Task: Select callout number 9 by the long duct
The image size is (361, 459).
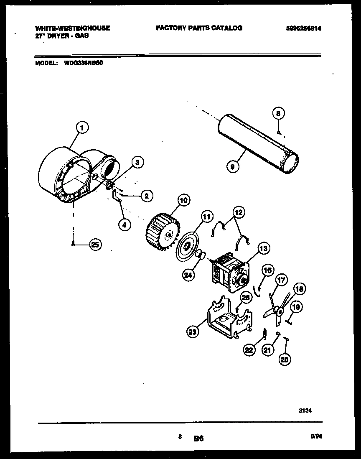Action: (233, 166)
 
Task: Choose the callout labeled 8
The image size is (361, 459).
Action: (279, 113)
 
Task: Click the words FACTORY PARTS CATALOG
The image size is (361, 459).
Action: (199, 28)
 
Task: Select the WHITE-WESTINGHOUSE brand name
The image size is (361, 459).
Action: (72, 28)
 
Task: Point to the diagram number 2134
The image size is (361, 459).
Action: (305, 411)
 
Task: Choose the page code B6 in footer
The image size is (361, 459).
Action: (198, 439)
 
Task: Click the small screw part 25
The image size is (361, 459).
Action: (74, 243)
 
